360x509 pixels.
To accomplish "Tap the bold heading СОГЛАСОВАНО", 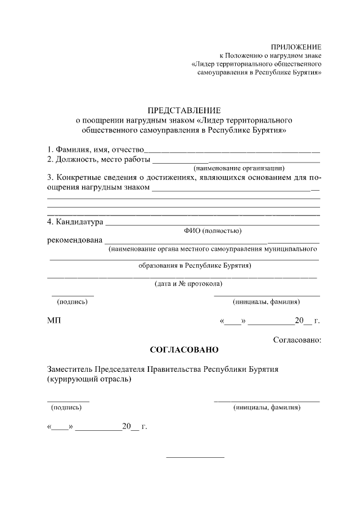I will tap(184, 350).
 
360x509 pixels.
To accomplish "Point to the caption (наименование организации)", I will tap(239, 168).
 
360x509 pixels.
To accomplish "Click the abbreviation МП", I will tap(54, 321).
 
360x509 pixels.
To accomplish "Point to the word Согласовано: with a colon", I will tap(297, 340).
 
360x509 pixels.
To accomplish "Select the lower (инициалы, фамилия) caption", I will tap(267, 407).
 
